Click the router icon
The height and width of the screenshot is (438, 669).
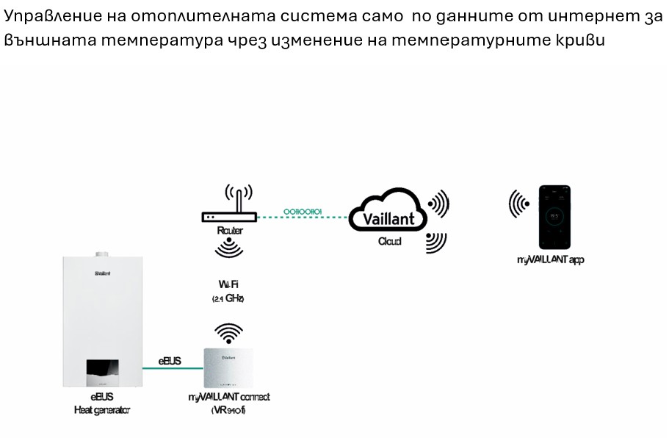click(x=229, y=216)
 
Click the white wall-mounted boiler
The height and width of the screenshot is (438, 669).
click(x=102, y=323)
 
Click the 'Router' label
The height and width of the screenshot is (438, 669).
click(x=230, y=231)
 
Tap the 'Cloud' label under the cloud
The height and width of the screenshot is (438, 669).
click(x=389, y=241)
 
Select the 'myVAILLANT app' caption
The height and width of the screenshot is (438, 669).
click(x=551, y=260)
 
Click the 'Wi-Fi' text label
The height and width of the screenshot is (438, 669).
click(x=228, y=284)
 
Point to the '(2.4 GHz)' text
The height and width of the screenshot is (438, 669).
click(x=228, y=299)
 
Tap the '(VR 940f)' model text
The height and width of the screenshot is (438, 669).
click(x=228, y=410)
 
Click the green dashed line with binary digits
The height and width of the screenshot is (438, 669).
click(x=303, y=215)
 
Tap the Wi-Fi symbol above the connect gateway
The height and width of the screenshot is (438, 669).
click(x=228, y=333)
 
